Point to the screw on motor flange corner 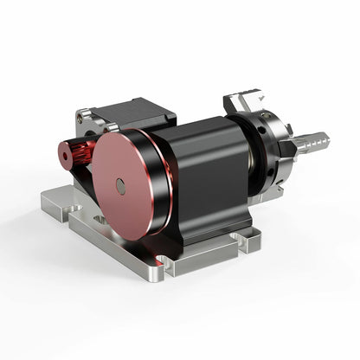pyautogui.click(x=84, y=113)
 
